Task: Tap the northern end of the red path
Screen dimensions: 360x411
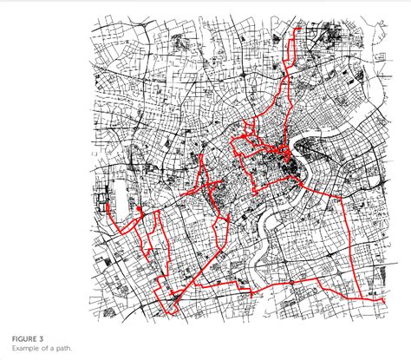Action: (297, 29)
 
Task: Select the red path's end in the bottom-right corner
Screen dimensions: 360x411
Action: (382, 300)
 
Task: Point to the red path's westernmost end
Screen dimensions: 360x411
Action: (104, 206)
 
